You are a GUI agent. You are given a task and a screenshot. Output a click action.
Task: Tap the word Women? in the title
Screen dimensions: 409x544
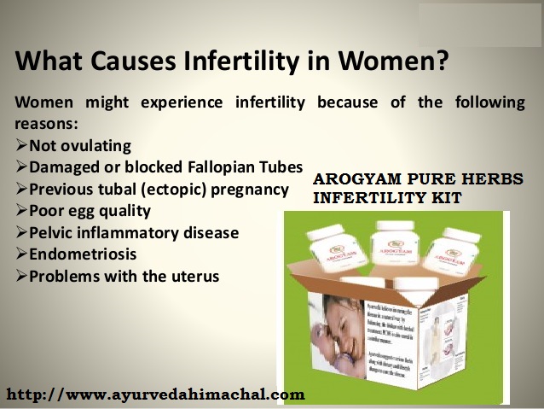coord(400,62)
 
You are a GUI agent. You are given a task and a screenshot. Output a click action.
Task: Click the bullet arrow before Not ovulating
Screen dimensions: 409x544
coord(21,145)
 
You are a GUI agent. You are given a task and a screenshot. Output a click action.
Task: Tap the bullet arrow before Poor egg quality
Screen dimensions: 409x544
coord(21,211)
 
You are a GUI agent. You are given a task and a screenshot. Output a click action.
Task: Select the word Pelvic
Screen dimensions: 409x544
coord(52,233)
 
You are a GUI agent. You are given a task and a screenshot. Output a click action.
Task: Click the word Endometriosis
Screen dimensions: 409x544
coord(83,254)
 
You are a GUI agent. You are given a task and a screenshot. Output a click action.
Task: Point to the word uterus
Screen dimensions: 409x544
coord(193,277)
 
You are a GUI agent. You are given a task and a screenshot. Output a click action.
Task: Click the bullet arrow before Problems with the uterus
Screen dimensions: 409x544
coord(21,277)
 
